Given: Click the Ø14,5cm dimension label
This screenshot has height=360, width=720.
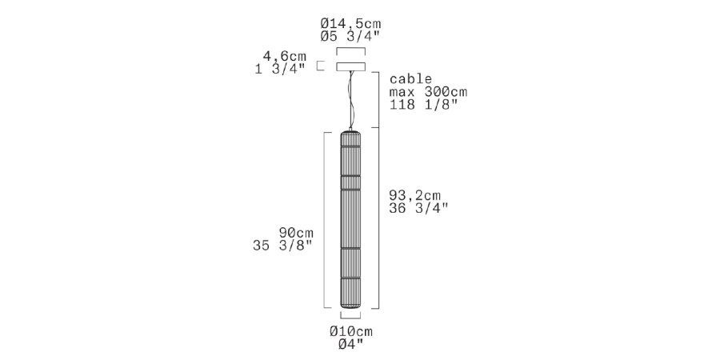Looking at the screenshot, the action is (351, 23).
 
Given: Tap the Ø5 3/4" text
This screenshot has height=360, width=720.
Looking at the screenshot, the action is (351, 37).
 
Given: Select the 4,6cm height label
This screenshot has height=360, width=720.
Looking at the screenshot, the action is (284, 57).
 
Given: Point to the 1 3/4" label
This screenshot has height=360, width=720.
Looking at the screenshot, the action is (281, 70).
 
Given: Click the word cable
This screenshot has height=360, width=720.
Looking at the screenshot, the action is (410, 78).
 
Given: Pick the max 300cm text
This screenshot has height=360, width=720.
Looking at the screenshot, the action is (428, 92).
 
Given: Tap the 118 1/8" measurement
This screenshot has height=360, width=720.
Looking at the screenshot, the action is (423, 104).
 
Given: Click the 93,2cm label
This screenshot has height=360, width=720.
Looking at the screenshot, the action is (414, 195).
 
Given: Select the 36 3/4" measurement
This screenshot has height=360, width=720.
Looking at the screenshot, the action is (418, 208).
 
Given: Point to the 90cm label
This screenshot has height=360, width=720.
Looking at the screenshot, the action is (296, 232).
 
